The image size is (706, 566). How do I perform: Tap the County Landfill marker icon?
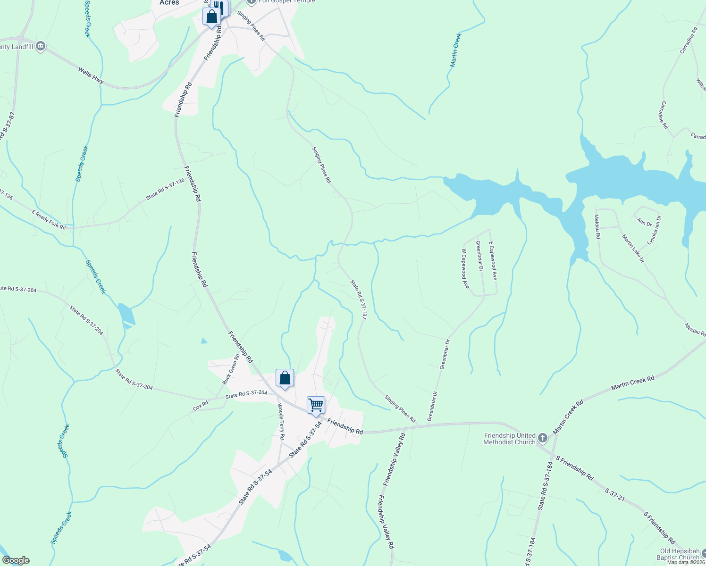[x=41, y=46]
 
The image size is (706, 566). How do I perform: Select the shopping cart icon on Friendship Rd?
[x=316, y=405]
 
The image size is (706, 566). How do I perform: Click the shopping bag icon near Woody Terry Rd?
[x=285, y=378]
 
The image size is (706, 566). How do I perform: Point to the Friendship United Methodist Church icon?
[x=543, y=438]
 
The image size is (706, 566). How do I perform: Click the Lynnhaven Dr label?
[x=654, y=230]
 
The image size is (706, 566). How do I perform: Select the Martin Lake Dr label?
[x=633, y=249]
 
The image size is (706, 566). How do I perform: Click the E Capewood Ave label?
[x=493, y=261]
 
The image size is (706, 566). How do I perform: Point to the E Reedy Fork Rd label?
[x=49, y=220]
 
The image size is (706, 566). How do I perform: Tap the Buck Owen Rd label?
[x=231, y=369]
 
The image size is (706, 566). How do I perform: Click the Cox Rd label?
[x=201, y=406]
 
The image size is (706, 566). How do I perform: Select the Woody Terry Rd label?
[x=281, y=421]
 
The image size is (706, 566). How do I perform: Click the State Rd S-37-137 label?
[x=358, y=300]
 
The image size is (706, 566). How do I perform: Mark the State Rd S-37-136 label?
[x=165, y=189]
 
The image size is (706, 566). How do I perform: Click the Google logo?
[x=16, y=560]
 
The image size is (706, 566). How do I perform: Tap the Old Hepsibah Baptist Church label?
[x=680, y=554]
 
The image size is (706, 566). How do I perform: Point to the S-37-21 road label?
[x=615, y=494]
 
